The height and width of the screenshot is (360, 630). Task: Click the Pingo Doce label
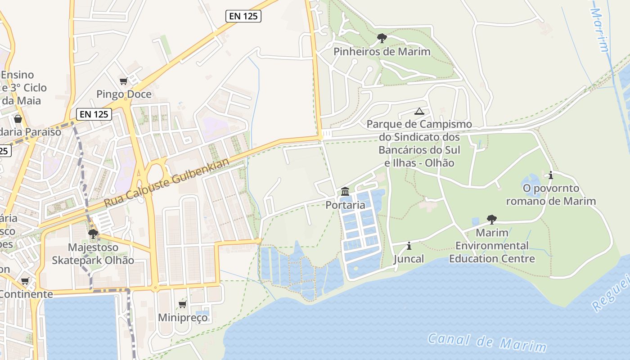point(124,94)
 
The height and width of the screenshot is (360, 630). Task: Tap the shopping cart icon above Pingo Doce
point(124,81)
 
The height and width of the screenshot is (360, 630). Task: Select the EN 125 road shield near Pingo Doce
point(94,114)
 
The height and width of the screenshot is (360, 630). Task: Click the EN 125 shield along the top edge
point(243,16)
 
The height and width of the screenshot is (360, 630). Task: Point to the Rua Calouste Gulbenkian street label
point(167,183)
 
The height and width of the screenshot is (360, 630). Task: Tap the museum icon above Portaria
point(345,192)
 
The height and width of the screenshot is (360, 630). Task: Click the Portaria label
point(345,205)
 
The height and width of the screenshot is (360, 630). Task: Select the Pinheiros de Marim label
point(382,51)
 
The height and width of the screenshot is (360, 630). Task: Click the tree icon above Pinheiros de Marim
point(382,38)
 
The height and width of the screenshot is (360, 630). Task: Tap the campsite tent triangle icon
point(419,111)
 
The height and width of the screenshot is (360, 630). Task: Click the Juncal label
point(409,259)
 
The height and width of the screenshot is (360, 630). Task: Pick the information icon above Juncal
point(409,246)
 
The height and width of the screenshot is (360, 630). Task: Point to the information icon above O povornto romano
point(550,175)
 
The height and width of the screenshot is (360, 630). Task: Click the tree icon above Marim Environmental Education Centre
point(492,220)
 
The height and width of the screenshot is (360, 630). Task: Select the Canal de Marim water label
point(487,342)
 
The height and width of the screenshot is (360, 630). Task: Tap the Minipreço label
point(183,317)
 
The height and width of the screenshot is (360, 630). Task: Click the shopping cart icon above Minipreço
point(183,305)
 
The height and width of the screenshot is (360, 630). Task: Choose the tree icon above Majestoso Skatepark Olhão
point(93,234)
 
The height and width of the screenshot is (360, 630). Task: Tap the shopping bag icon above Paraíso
point(18,119)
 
